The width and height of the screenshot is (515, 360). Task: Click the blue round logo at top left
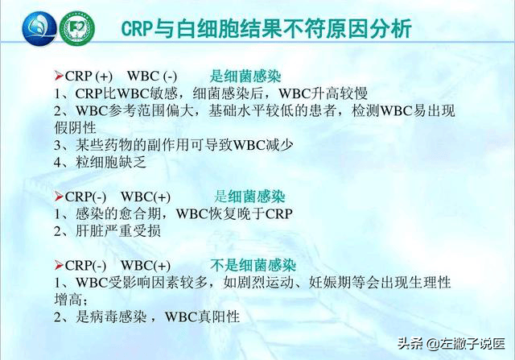click(39, 28)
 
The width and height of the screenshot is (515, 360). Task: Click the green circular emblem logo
click(77, 28)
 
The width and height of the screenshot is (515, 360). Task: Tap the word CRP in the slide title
click(137, 28)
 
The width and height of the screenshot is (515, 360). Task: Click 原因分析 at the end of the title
click(369, 28)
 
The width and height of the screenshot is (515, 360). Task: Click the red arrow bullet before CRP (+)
click(59, 76)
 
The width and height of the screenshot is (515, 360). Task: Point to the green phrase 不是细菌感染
click(253, 265)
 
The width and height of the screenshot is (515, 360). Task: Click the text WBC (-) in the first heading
click(152, 77)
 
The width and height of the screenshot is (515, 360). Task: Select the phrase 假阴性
click(75, 127)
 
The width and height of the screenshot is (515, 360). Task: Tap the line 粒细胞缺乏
click(111, 162)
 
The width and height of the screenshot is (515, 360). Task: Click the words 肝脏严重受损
click(118, 231)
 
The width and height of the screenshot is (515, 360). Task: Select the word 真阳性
click(218, 317)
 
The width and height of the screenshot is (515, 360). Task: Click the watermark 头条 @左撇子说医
click(451, 344)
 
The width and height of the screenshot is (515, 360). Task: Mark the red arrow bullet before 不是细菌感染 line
click(59, 265)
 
